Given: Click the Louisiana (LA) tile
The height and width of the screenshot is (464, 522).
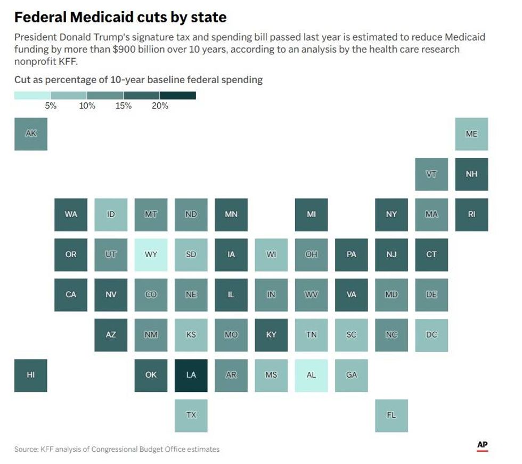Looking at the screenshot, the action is point(191,375).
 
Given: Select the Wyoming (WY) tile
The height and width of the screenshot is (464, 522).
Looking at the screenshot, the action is point(151,255).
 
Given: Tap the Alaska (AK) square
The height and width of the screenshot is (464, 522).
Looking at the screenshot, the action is point(31,134).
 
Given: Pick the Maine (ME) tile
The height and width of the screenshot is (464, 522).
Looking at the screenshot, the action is point(471,134).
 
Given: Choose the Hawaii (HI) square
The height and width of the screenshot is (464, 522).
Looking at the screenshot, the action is point(31,375).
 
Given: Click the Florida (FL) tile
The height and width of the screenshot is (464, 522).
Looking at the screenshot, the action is point(391,415).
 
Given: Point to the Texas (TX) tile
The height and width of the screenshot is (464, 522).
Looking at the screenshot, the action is point(191,415).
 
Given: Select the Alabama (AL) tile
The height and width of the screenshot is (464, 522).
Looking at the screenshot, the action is point(311,375).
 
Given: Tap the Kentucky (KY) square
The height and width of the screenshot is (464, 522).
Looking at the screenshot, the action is point(271,335).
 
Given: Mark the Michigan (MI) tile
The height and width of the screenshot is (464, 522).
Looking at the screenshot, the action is point(311,214).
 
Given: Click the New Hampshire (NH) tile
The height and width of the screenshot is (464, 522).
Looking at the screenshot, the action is point(471,174).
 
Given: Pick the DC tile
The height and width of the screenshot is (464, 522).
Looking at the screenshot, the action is point(431,335).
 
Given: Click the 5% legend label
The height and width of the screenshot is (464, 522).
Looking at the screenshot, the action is point(51,106).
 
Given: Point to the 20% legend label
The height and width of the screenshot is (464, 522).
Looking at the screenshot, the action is point(160,106).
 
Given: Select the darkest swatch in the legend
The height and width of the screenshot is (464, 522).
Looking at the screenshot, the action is point(178,95).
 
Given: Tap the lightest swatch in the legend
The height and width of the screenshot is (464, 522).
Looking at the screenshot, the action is point(32,95).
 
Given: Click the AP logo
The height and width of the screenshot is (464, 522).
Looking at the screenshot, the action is point(483,445).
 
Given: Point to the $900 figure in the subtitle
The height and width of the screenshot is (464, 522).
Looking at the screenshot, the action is point(124,49).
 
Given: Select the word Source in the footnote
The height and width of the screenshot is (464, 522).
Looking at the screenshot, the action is point(26,449).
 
